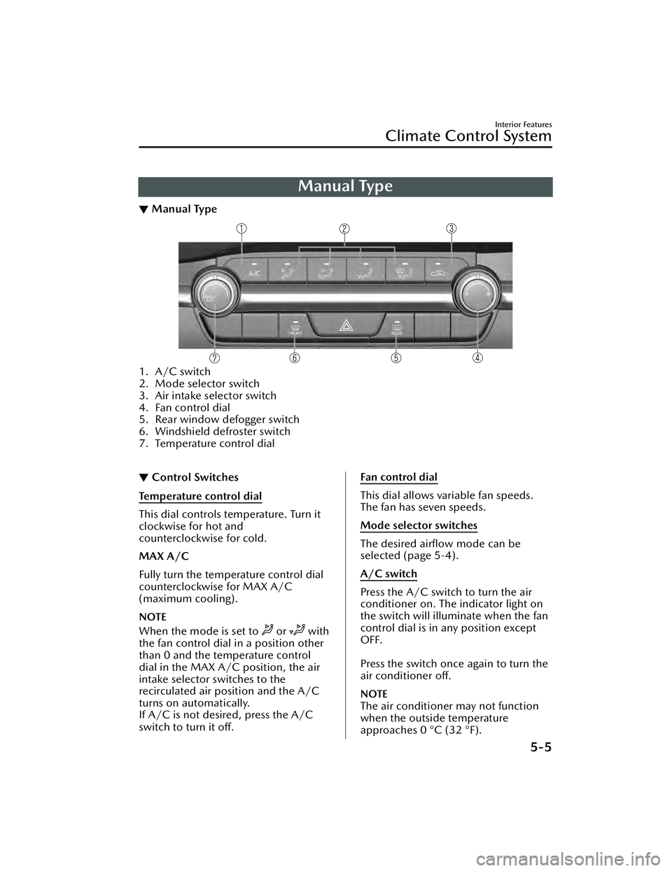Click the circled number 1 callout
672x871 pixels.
[241, 228]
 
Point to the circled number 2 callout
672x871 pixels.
[344, 228]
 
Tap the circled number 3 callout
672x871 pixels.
[452, 228]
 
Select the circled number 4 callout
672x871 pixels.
[477, 357]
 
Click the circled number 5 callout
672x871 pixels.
[396, 357]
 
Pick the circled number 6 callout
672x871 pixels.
[295, 357]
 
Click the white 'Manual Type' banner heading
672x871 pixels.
[345, 186]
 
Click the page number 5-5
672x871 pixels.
[536, 746]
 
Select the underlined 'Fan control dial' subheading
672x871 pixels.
[398, 477]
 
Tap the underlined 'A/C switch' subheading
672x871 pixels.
[388, 574]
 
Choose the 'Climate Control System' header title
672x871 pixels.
[468, 136]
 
